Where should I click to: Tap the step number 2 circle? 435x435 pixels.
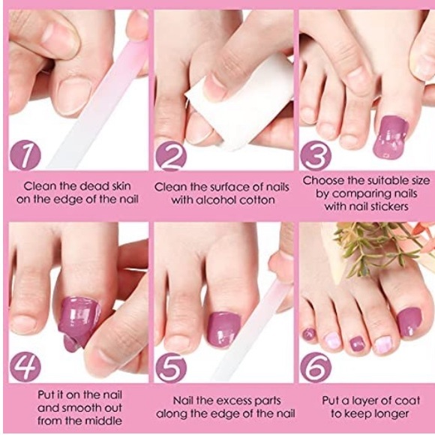click(172, 155)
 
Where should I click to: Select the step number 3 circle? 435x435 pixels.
click(316, 155)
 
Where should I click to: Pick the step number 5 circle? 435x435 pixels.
click(172, 367)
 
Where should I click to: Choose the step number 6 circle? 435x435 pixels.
click(316, 367)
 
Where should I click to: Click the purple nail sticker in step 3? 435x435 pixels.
click(390, 135)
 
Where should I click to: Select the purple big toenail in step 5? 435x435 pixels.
click(223, 328)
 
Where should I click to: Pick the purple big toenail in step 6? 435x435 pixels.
click(409, 322)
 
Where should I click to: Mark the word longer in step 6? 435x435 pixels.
click(391, 413)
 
